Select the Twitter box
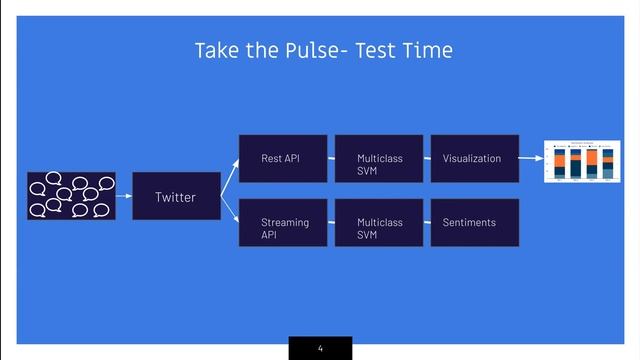click(175, 197)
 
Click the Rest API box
click(282, 158)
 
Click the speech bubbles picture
click(71, 196)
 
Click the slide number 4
click(320, 348)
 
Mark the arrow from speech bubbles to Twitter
click(123, 197)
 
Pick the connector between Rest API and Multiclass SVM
click(331, 158)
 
